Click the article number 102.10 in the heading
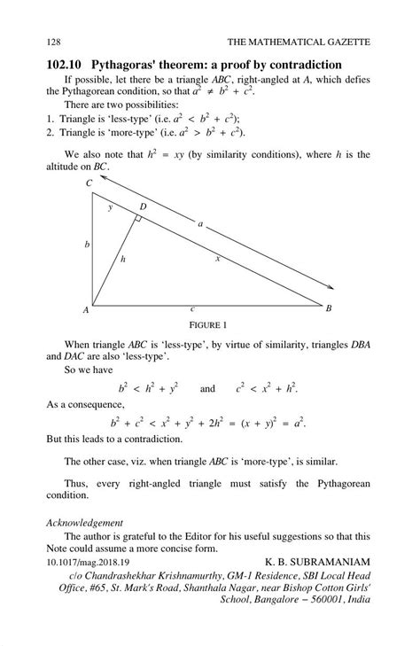[69, 65]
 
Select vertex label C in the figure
[89, 183]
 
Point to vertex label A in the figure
[86, 310]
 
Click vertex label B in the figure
[328, 308]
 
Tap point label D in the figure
[143, 206]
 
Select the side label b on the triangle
[86, 244]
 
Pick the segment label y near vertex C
[111, 207]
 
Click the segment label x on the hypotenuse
[217, 258]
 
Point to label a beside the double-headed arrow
[201, 224]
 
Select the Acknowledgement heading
[84, 523]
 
